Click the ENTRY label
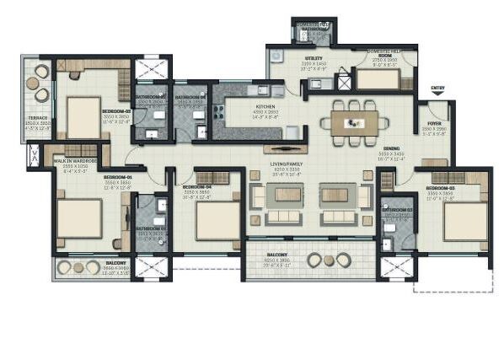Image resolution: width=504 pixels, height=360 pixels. pyautogui.click(x=437, y=88)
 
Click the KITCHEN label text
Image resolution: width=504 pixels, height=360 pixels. pyautogui.click(x=243, y=107)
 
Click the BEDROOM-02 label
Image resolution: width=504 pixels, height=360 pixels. pyautogui.click(x=115, y=110)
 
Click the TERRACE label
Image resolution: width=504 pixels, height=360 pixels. pyautogui.click(x=38, y=117)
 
